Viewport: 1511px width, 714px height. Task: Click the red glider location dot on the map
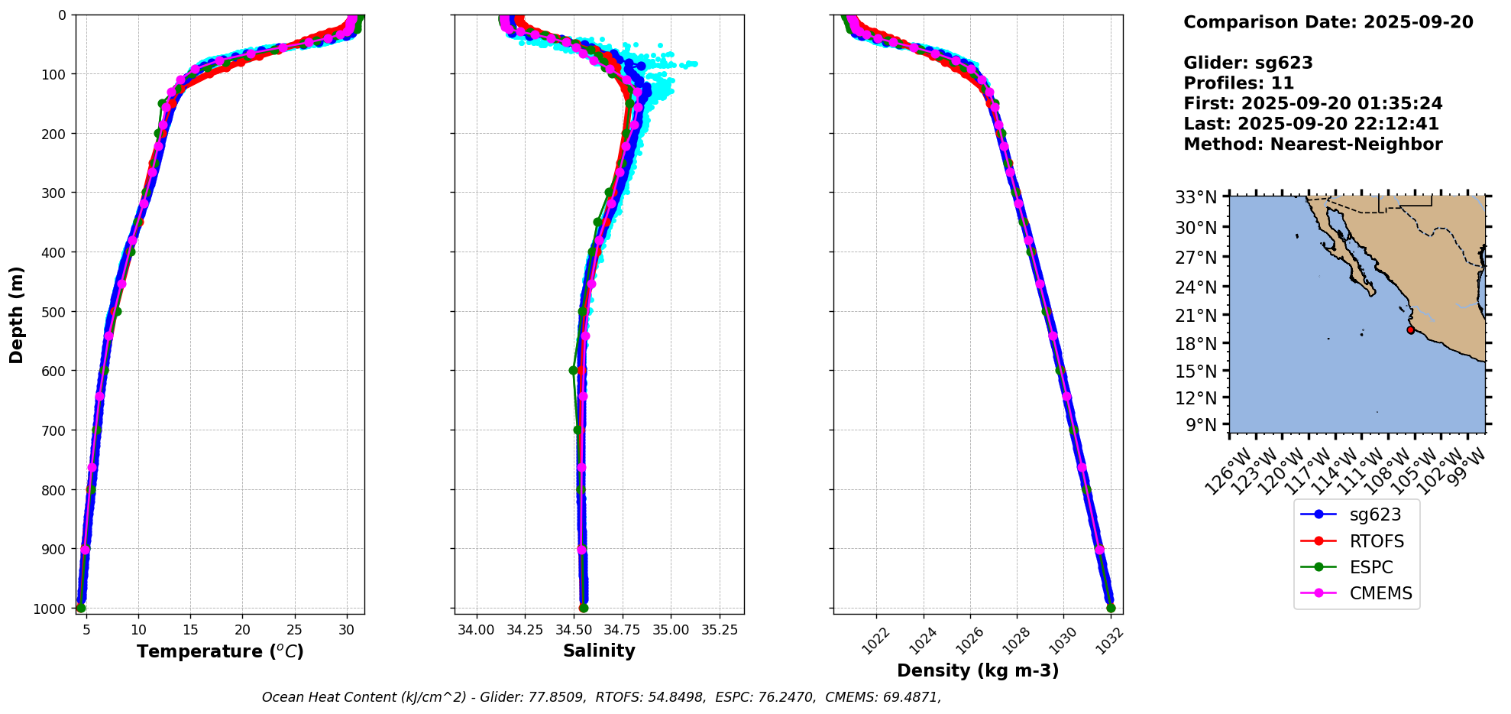(x=1410, y=330)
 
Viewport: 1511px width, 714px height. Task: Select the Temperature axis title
(x=220, y=651)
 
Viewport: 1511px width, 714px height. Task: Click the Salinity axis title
(x=599, y=651)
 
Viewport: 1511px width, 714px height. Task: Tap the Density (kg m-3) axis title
(x=978, y=671)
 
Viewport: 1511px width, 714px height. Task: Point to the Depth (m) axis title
(x=17, y=314)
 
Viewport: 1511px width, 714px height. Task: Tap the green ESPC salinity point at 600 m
(x=573, y=371)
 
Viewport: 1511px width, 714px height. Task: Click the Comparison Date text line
(x=1328, y=22)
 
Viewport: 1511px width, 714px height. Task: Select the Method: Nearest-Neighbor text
(x=1312, y=144)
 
